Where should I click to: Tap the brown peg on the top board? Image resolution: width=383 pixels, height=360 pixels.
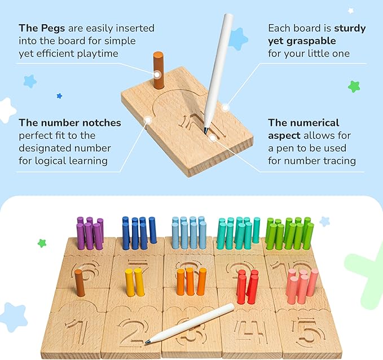click(x=158, y=71)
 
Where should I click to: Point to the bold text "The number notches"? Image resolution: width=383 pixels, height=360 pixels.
click(x=69, y=122)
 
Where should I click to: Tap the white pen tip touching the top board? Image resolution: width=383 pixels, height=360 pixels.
click(x=206, y=130)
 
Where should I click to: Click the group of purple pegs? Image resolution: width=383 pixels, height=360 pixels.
click(x=90, y=233)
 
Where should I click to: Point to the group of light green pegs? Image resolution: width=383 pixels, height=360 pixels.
click(x=289, y=232)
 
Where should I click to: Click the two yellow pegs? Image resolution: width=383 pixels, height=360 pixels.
click(x=134, y=282)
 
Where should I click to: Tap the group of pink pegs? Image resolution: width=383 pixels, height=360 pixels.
click(x=303, y=286)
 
